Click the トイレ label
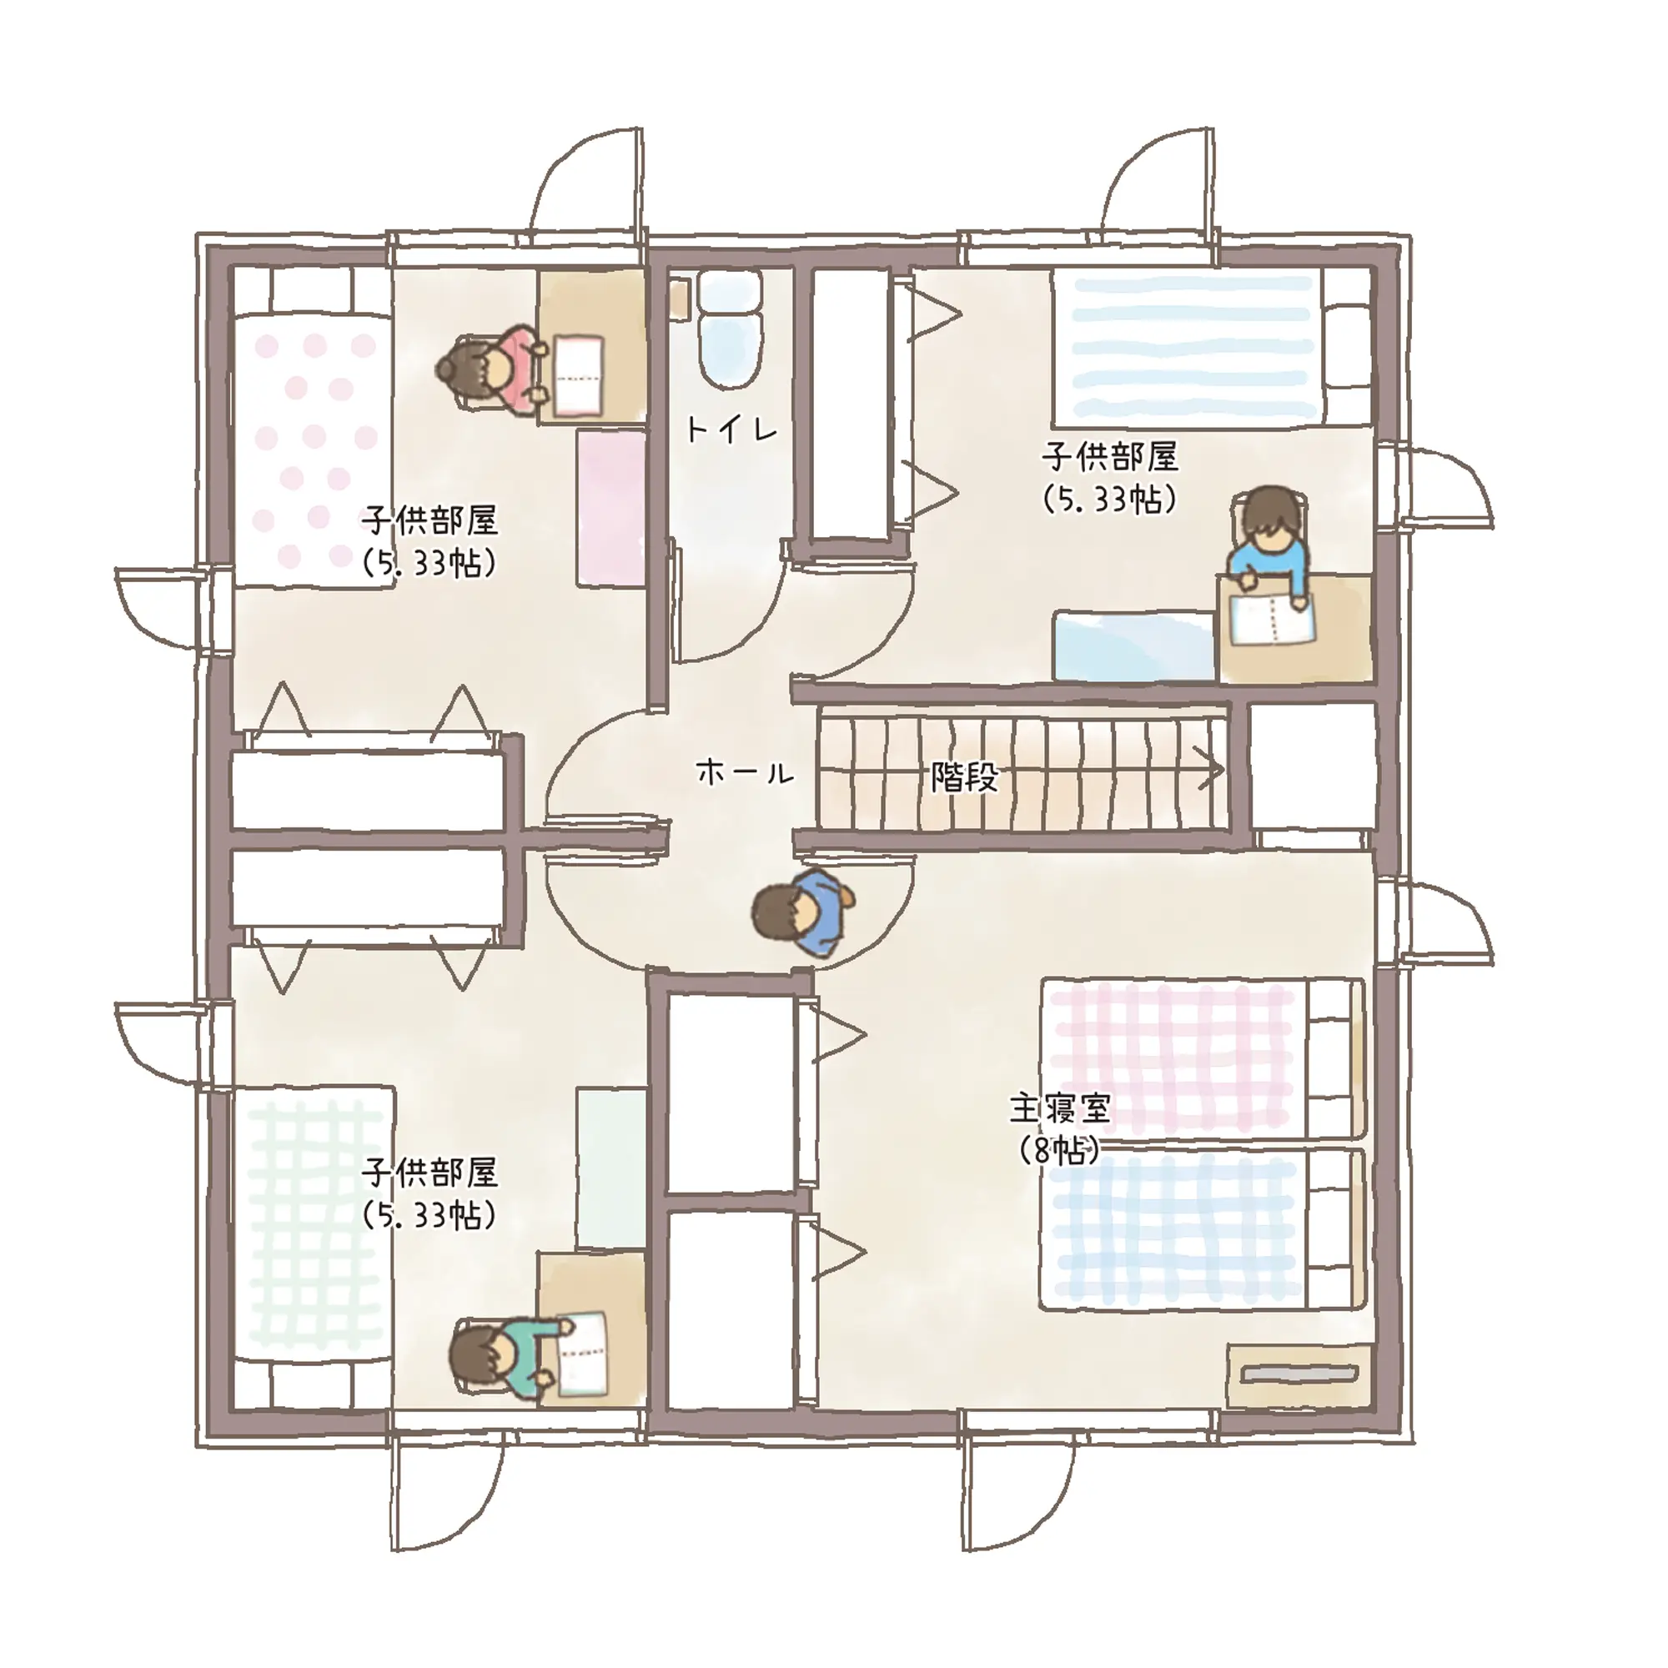point(731,429)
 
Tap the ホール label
point(744,771)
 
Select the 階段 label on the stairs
point(964,778)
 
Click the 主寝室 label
point(1060,1108)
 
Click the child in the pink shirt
point(494,369)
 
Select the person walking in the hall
point(804,912)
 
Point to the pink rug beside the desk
point(611,508)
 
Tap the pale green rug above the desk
point(611,1168)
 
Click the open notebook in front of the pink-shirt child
point(579,375)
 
